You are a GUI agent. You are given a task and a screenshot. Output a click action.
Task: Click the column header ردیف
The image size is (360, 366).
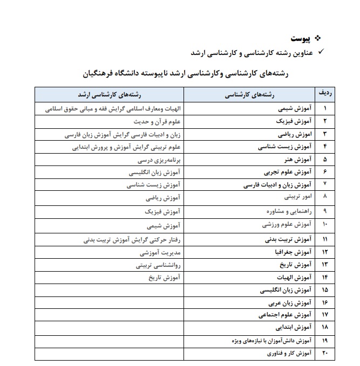click(x=325, y=94)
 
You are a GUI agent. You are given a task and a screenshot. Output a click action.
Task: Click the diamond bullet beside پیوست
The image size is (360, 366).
click(x=317, y=38)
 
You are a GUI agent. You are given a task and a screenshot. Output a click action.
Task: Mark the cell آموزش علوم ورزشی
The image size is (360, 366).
click(x=287, y=223)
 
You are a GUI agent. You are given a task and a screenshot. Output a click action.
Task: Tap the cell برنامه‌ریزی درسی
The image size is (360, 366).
click(x=162, y=160)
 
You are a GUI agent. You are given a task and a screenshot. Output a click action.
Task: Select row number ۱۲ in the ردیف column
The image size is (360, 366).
click(x=325, y=251)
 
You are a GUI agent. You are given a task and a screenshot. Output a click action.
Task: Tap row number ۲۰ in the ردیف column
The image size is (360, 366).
click(x=325, y=354)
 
